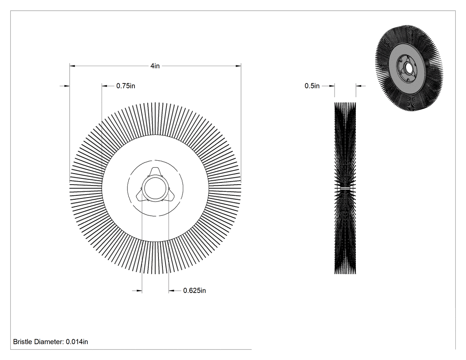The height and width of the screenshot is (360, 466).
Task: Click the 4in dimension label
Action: pos(155,66)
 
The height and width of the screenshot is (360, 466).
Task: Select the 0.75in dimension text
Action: pos(126,86)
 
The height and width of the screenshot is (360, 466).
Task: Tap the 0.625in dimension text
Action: pos(194,290)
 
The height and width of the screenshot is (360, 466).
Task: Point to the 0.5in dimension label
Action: pos(312,86)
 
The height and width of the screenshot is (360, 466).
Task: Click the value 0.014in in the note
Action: pos(77,342)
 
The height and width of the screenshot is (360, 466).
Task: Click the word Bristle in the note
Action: pos(23,342)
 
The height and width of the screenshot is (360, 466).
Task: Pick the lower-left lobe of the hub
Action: pos(140,196)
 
